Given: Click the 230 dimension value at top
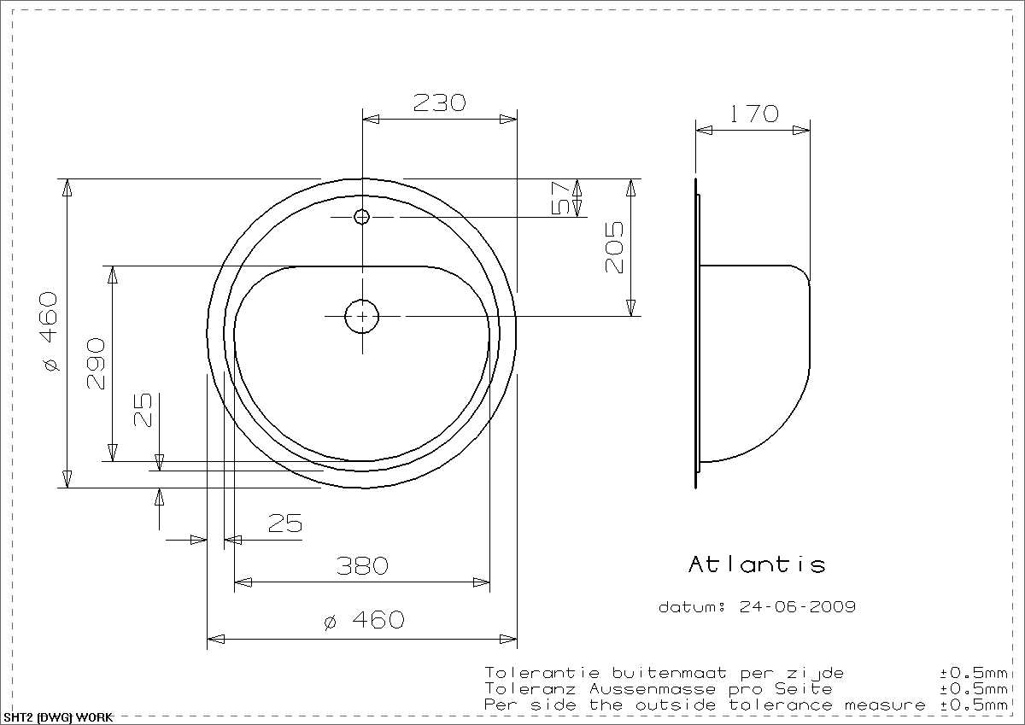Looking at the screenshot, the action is coord(439,103).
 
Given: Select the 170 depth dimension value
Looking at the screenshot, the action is coord(753,114).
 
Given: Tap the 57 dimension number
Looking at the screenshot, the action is coord(560,198).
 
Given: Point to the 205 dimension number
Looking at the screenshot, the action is coord(614,248).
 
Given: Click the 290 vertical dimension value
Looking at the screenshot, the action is coord(96,364).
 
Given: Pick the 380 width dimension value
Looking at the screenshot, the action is coord(362,566).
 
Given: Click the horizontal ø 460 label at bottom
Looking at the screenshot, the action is coord(364,620).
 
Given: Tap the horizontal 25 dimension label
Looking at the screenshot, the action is coord(285,523).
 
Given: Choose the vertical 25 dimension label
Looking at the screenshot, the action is coord(143,409).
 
